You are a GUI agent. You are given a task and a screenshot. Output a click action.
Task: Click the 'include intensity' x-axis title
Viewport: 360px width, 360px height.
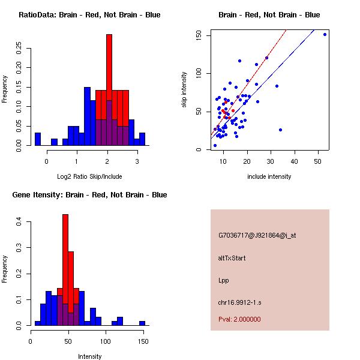pos(269,176)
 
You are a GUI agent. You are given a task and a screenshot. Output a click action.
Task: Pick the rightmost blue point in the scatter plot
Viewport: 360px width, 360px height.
pos(325,35)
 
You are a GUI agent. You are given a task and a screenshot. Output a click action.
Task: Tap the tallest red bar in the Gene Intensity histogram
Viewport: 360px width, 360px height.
pos(65,264)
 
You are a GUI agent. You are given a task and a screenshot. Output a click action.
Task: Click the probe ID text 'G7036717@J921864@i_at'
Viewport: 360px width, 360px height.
pos(257,235)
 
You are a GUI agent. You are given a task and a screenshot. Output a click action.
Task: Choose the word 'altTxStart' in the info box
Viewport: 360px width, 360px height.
pos(232,258)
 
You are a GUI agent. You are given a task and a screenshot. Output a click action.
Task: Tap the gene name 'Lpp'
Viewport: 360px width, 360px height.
pos(224,280)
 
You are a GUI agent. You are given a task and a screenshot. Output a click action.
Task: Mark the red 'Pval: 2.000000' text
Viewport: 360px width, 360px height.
pos(239,319)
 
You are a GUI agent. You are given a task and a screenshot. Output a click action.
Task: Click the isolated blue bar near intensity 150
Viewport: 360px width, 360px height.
pos(142,323)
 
